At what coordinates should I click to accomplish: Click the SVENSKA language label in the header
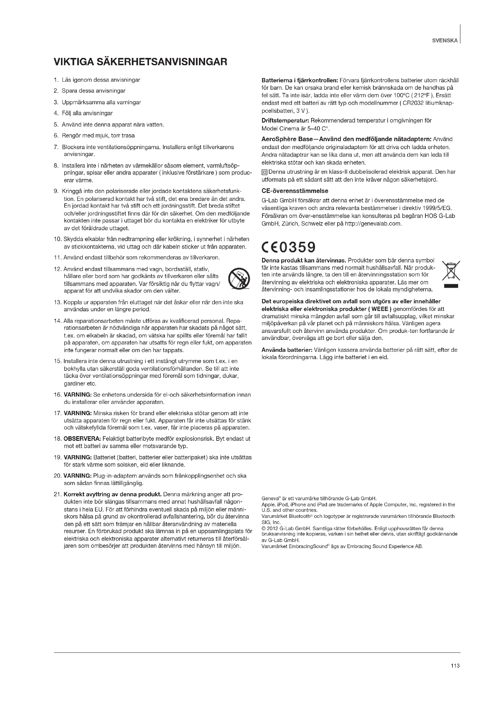445,40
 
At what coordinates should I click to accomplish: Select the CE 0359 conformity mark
288,247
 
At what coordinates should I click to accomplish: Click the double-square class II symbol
264,172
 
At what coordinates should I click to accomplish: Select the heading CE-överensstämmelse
295,191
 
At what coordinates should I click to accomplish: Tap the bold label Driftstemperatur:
285,120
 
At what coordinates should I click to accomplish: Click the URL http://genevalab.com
373,223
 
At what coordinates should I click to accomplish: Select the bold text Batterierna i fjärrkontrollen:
300,80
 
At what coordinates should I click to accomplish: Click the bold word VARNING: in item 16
78,395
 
